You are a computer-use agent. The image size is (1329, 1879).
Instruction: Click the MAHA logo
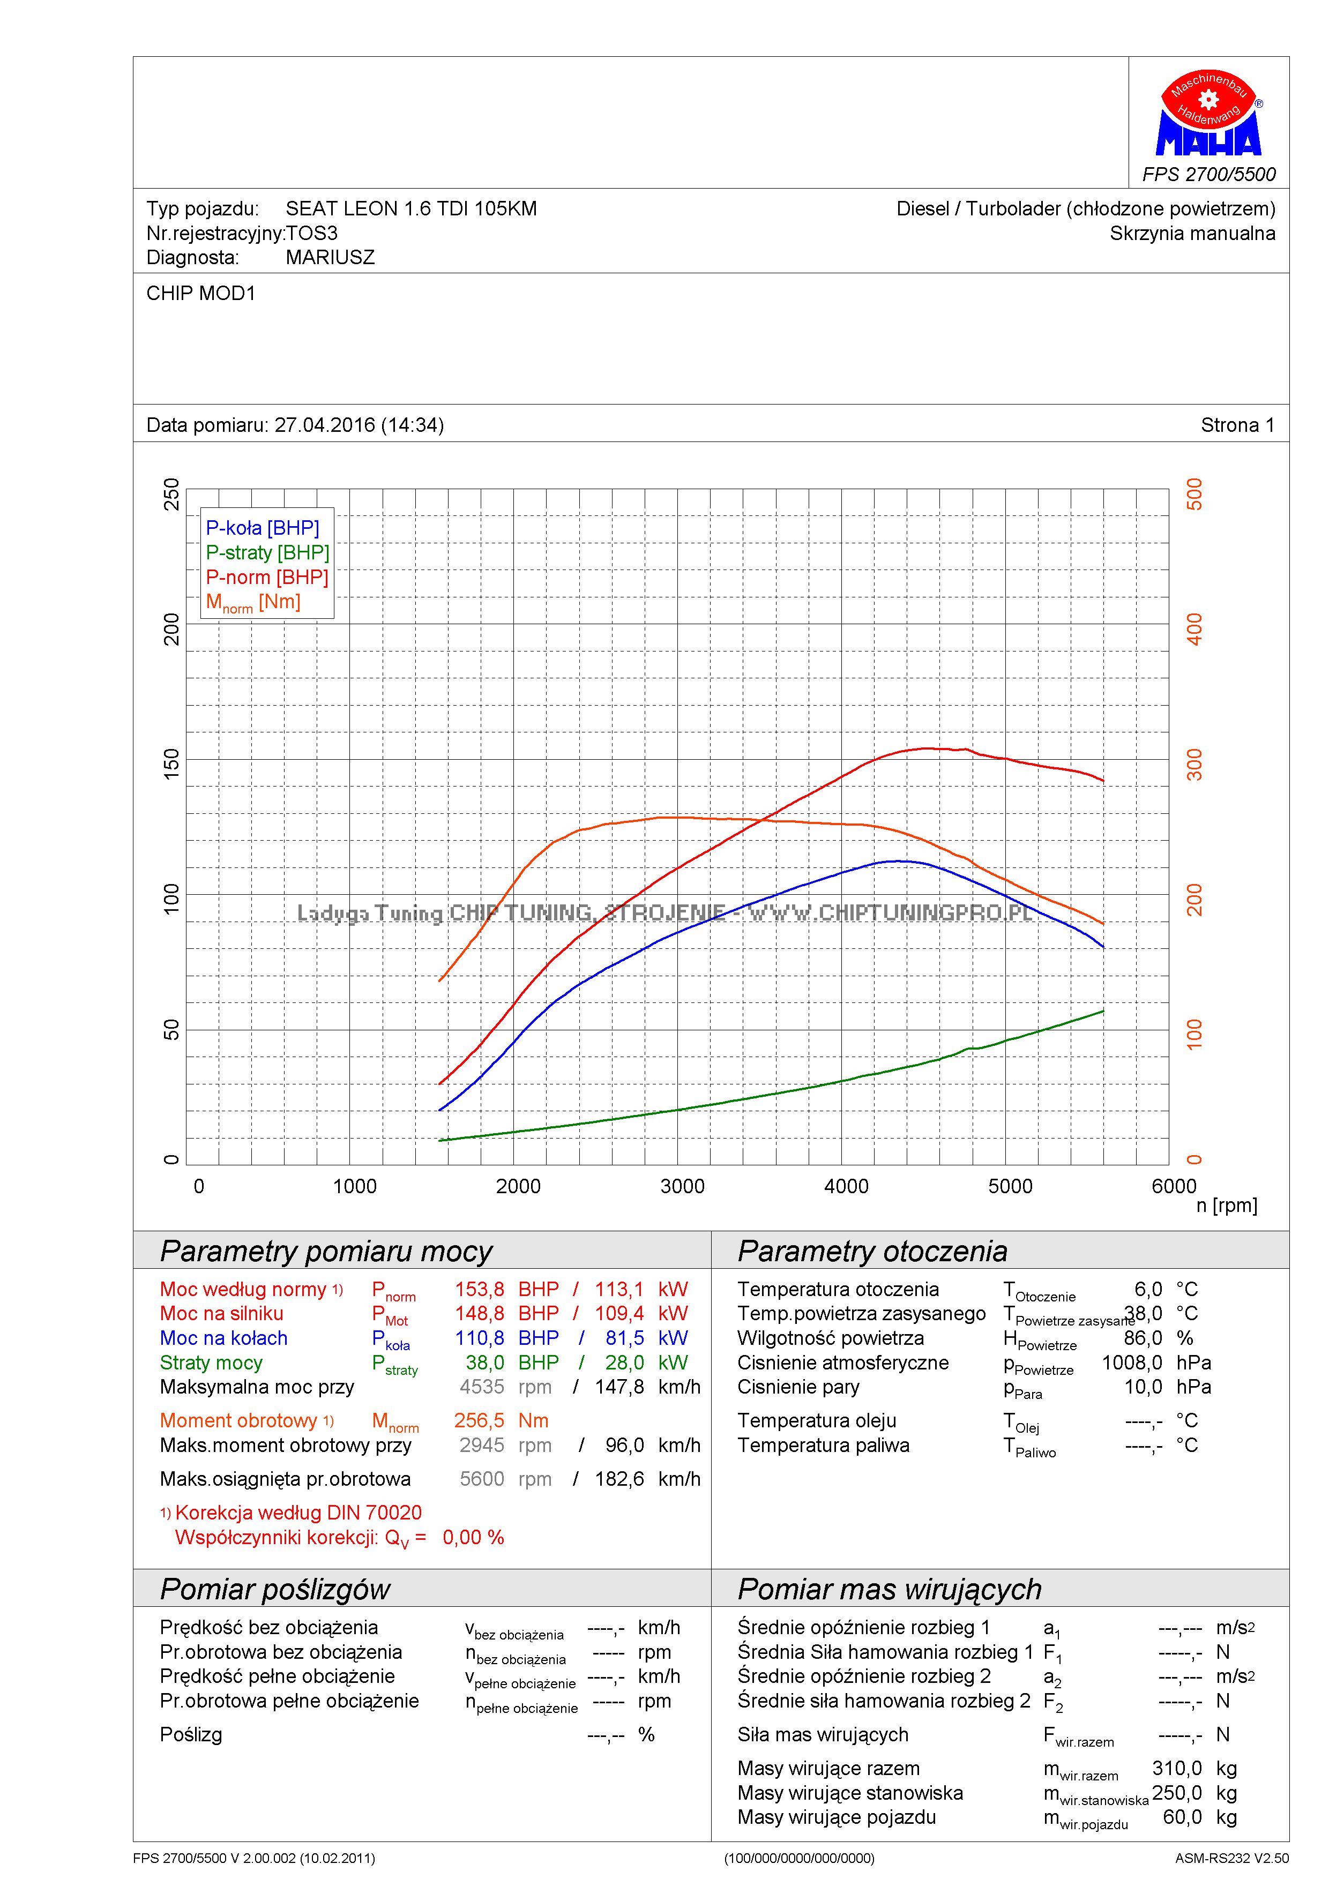[x=1208, y=115]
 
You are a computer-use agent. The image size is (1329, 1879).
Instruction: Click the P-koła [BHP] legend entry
[x=262, y=528]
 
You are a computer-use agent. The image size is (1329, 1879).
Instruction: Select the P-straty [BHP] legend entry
[x=267, y=552]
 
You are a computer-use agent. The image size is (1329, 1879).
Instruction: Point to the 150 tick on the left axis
[x=171, y=763]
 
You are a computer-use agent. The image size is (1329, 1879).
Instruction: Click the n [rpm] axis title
[x=1226, y=1206]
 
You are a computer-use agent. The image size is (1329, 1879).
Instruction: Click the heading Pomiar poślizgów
[x=275, y=1589]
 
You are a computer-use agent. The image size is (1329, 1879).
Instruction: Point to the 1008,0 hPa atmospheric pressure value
[x=1132, y=1363]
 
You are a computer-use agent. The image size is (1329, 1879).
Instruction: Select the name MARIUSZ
[x=330, y=258]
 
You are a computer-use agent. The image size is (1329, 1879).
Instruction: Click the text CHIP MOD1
[x=200, y=293]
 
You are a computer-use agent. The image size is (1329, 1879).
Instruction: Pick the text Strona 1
[x=1236, y=425]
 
